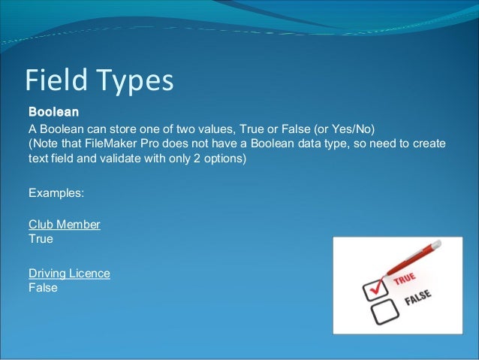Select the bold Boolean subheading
click(x=53, y=112)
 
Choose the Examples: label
click(x=56, y=192)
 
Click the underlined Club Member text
click(x=64, y=224)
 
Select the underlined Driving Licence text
click(x=69, y=274)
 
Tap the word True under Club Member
click(x=41, y=238)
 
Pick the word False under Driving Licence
click(x=43, y=287)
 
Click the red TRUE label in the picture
click(x=404, y=280)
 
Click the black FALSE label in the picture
click(x=419, y=299)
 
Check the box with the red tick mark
click(x=374, y=289)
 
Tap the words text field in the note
click(x=50, y=159)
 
